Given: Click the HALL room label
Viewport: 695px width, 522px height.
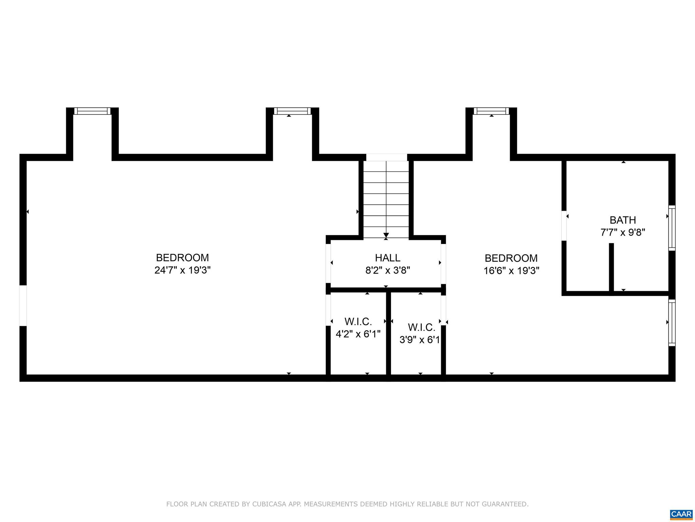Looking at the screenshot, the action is [388, 258].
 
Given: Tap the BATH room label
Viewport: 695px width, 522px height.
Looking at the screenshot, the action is [623, 220].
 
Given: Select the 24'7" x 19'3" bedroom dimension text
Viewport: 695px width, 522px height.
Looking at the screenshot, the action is [183, 270].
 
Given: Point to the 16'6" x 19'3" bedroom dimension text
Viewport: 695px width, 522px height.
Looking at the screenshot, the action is [511, 271].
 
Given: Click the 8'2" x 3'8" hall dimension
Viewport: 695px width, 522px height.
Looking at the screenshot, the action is [388, 271].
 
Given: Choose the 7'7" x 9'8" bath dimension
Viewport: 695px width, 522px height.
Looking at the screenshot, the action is [623, 232].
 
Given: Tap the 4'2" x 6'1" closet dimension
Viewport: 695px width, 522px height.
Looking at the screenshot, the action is [358, 334].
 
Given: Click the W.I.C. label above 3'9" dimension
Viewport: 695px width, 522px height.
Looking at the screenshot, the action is [421, 327].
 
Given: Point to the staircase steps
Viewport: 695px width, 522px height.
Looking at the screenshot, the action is [386, 199].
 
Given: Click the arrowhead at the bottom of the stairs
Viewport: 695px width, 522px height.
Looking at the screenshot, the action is [386, 235].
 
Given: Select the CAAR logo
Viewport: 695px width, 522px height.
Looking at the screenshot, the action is [681, 514].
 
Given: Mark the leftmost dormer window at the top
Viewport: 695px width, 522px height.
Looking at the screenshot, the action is [92, 111].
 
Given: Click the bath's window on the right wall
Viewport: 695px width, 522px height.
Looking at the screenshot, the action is [672, 228].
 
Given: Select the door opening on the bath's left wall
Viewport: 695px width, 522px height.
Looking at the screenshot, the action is [564, 226].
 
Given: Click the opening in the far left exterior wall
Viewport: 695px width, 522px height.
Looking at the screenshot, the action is [23, 306].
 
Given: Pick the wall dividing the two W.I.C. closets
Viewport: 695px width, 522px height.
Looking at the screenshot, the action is [389, 333].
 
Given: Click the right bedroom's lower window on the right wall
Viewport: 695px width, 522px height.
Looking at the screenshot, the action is [672, 323].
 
